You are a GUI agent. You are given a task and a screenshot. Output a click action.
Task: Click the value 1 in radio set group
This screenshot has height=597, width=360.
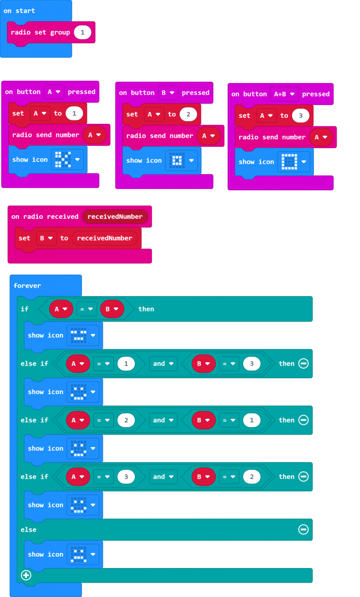pyautogui.click(x=83, y=32)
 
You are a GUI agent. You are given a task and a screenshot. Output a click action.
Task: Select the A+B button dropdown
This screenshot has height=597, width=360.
pyautogui.click(x=284, y=94)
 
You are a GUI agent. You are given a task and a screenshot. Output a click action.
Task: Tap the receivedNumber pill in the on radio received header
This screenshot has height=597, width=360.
pyautogui.click(x=115, y=216)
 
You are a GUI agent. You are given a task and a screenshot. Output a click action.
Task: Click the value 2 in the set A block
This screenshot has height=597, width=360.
pyautogui.click(x=188, y=114)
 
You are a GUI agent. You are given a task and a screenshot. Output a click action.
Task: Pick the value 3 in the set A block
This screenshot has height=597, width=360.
pyautogui.click(x=300, y=115)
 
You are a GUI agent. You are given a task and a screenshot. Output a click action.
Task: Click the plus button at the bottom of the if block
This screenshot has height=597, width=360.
pyautogui.click(x=26, y=575)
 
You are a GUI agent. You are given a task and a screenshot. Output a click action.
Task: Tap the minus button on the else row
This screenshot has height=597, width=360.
pyautogui.click(x=303, y=529)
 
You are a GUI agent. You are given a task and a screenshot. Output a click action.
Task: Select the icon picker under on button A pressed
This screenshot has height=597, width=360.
pyautogui.click(x=68, y=160)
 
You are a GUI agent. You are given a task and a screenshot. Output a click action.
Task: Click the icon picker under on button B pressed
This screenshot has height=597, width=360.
pyautogui.click(x=181, y=160)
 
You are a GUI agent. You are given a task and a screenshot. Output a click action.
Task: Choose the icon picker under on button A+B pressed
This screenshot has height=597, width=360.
pyautogui.click(x=294, y=162)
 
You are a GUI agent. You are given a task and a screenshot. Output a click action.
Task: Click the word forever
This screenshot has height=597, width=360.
pyautogui.click(x=27, y=286)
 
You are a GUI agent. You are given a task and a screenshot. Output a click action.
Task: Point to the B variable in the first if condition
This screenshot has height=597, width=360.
pyautogui.click(x=112, y=309)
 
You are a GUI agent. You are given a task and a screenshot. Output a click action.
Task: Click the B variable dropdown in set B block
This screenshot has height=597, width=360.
pyautogui.click(x=46, y=238)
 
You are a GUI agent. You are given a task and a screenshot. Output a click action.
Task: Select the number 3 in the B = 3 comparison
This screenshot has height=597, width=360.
pyautogui.click(x=252, y=364)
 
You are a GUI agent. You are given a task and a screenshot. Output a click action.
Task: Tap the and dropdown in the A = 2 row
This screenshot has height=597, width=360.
pyautogui.click(x=164, y=420)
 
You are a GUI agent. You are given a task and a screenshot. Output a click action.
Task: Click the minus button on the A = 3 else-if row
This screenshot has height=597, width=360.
pyautogui.click(x=303, y=477)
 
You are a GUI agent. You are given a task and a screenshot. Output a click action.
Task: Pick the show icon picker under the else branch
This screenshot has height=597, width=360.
pyautogui.click(x=83, y=554)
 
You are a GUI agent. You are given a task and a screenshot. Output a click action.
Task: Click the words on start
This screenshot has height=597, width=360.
pyautogui.click(x=19, y=11)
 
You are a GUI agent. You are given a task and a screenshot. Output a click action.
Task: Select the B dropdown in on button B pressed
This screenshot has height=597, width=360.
pyautogui.click(x=168, y=93)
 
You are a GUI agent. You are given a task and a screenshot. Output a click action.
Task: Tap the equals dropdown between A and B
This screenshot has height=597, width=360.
pyautogui.click(x=87, y=309)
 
